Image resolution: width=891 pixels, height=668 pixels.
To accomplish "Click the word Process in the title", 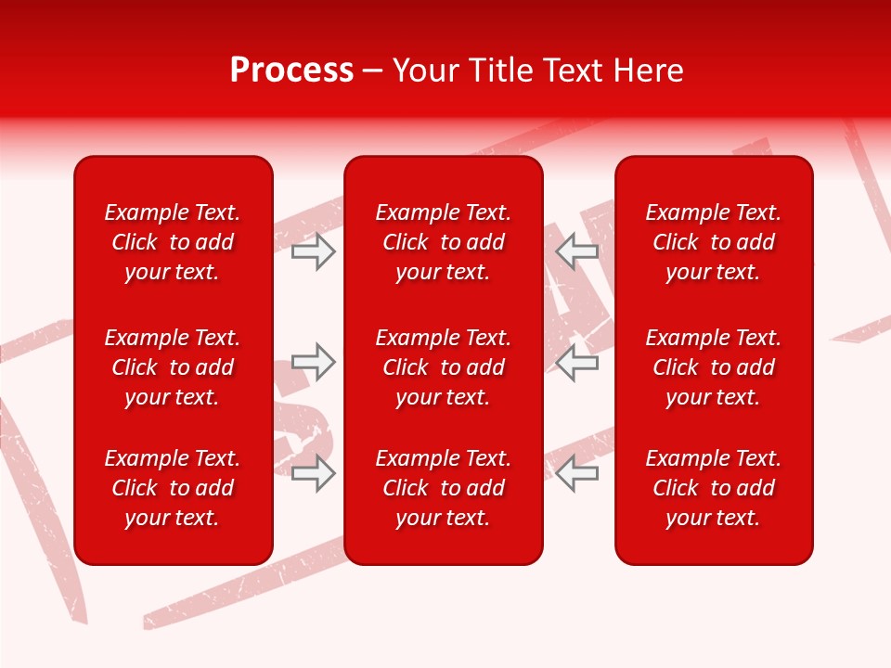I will pyautogui.click(x=291, y=71).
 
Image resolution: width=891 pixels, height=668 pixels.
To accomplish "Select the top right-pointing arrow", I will pyautogui.click(x=313, y=251).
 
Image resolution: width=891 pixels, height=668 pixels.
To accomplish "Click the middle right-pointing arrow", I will pyautogui.click(x=313, y=362).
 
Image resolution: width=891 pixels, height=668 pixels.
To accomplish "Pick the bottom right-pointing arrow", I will pyautogui.click(x=313, y=473).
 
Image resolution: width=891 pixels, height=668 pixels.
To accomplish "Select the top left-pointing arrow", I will pyautogui.click(x=577, y=251).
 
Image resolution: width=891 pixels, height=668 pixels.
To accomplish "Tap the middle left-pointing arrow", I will pyautogui.click(x=577, y=362).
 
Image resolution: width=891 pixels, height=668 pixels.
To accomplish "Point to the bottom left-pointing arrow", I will pyautogui.click(x=577, y=473).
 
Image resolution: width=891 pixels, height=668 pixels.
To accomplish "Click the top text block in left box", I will pyautogui.click(x=173, y=242).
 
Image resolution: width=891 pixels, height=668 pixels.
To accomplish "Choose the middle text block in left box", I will pyautogui.click(x=173, y=367).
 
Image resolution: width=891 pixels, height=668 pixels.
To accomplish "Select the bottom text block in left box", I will pyautogui.click(x=173, y=488).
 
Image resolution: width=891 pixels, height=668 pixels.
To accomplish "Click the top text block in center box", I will pyautogui.click(x=444, y=242).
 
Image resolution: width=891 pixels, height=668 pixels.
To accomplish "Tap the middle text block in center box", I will pyautogui.click(x=444, y=367).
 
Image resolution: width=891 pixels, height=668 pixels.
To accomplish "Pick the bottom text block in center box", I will pyautogui.click(x=444, y=488).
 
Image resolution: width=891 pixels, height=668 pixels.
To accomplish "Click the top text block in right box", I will pyautogui.click(x=714, y=242).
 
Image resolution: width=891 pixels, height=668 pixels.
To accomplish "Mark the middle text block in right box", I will pyautogui.click(x=714, y=367).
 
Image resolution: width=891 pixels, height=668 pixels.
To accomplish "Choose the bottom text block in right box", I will pyautogui.click(x=714, y=488).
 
